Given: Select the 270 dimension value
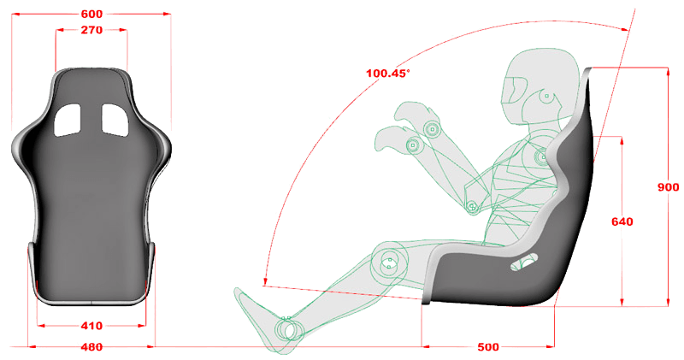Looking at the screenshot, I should (91, 30).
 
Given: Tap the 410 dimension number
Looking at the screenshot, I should (91, 326).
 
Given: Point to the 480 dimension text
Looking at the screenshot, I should (91, 347).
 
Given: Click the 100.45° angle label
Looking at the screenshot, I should (387, 73).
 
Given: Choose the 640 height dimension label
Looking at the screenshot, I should (622, 221).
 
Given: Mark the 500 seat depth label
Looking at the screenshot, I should (488, 347).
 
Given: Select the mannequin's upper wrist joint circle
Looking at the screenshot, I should (431, 130).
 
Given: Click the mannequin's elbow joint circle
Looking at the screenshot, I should (470, 205).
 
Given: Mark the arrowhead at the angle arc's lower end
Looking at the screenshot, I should (266, 283).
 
